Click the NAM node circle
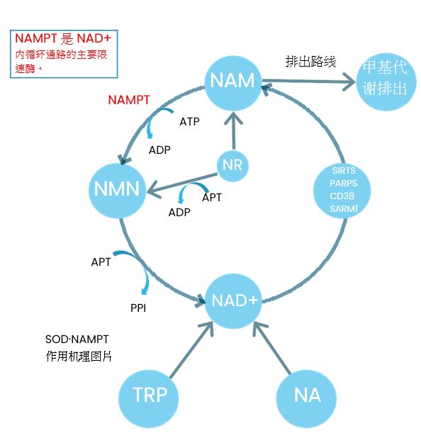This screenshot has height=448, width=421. pos(232,82)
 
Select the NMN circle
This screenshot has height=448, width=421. pos(118,190)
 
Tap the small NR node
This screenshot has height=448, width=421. pos(232,166)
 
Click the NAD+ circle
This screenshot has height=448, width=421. pos(234,301)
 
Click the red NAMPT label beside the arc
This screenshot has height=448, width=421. pos(129,100)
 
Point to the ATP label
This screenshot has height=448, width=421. pos(189,122)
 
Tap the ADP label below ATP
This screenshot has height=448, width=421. pos(159,150)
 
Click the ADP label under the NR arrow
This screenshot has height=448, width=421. pos(179,212)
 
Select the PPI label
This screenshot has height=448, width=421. pos(138,308)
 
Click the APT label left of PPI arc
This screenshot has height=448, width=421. pos(101,262)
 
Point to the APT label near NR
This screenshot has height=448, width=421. pos(212,198)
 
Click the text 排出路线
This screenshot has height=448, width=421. pos(310,62)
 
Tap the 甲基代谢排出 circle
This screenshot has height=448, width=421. pos(386,82)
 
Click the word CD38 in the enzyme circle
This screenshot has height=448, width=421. pos(342,196)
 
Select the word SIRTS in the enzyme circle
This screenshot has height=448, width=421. pos(344,171)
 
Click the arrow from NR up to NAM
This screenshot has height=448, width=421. pos(234,130)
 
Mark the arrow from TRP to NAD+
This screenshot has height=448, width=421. pos(192,349)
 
